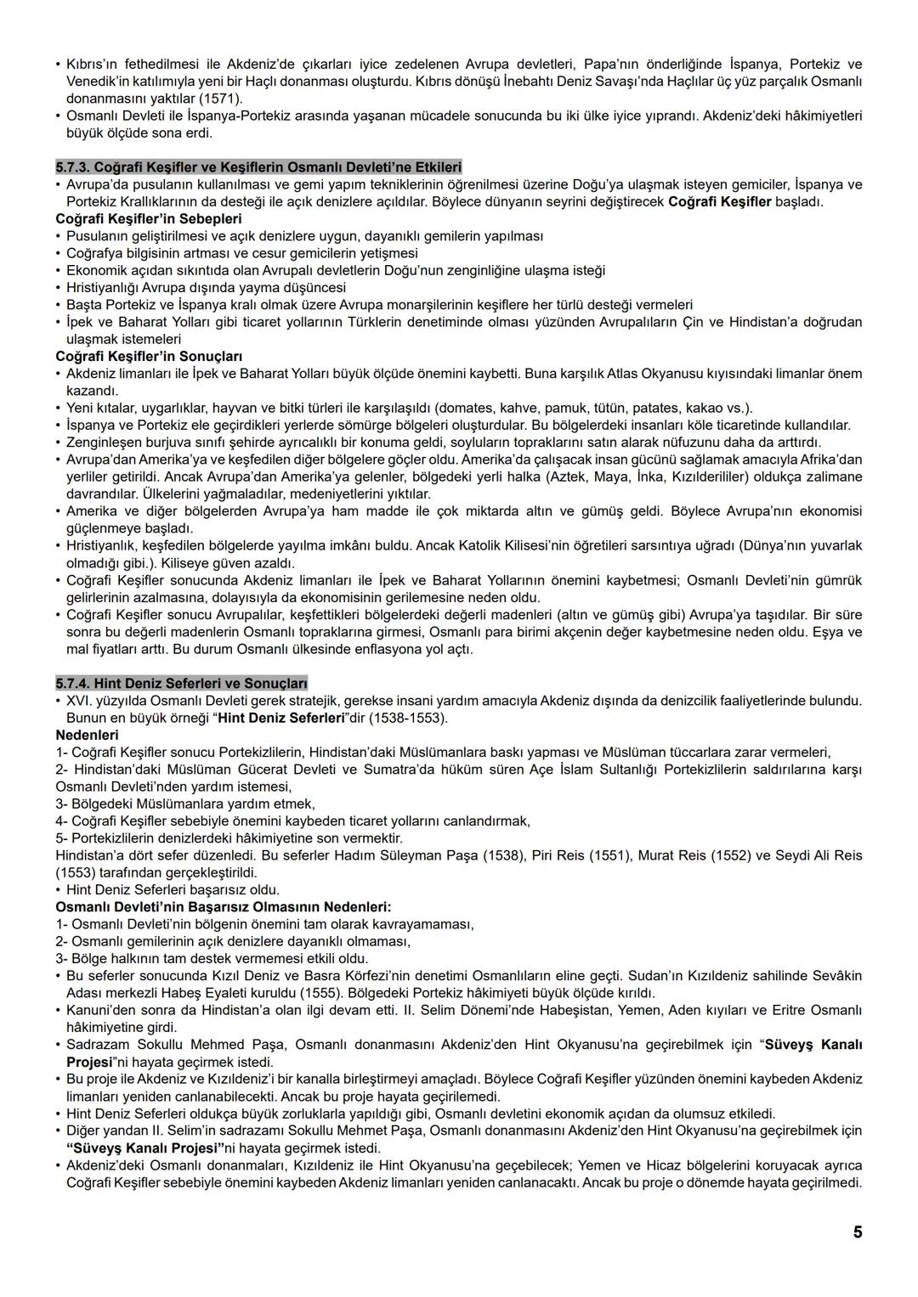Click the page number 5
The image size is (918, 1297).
click(x=858, y=1232)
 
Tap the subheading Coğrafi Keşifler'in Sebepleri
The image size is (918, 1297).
click(x=148, y=219)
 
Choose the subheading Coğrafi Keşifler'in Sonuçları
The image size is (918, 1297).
click(x=149, y=357)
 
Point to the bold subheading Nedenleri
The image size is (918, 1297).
click(x=87, y=735)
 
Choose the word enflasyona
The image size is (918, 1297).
click(x=360, y=649)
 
